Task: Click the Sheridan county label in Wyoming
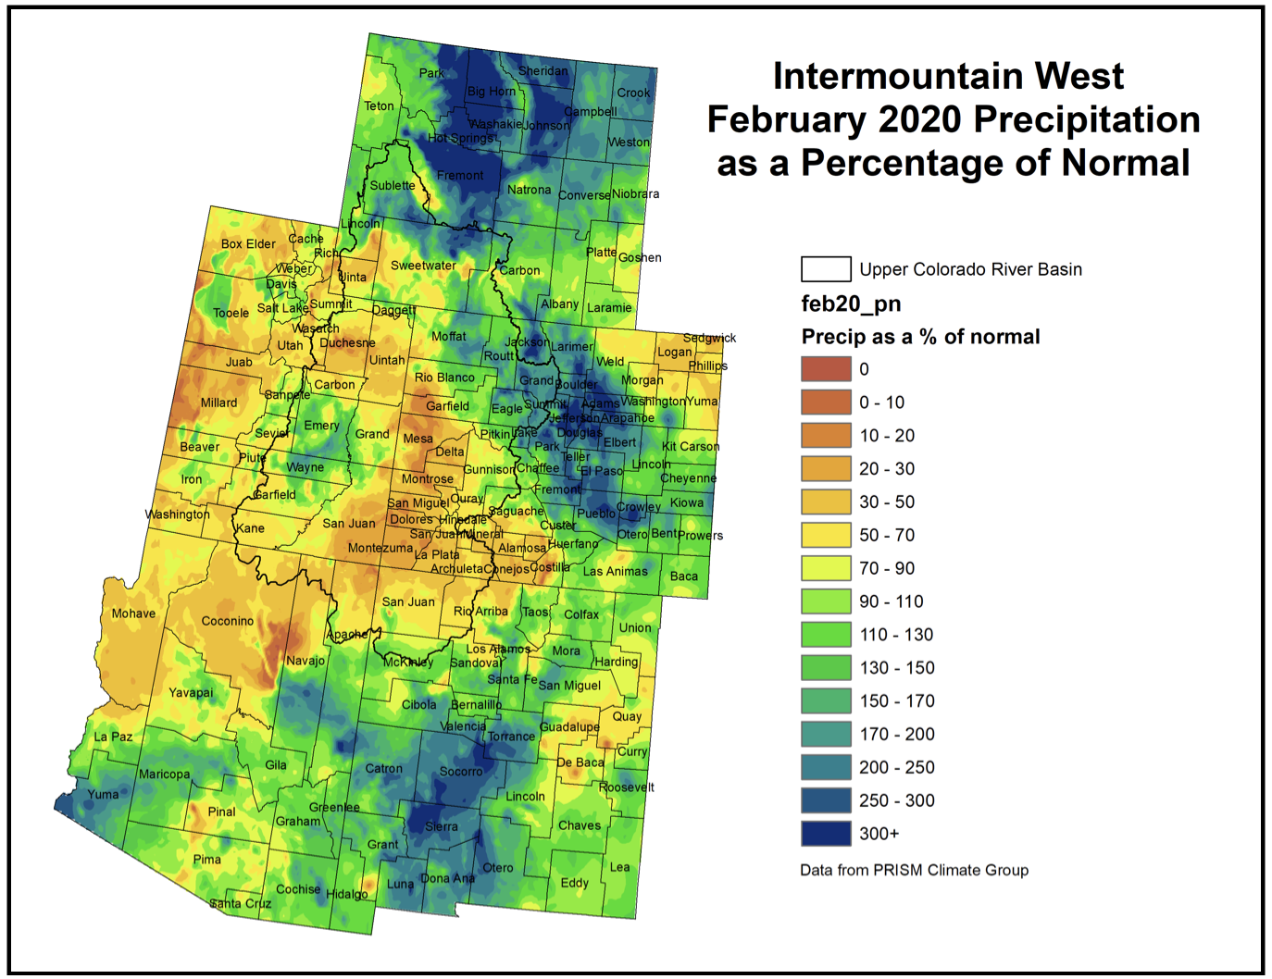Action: point(542,71)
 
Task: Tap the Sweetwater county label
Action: point(423,266)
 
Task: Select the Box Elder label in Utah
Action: point(248,244)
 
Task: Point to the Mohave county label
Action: point(133,613)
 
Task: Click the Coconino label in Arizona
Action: point(227,621)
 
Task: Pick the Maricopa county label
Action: point(164,775)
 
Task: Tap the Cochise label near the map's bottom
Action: point(297,889)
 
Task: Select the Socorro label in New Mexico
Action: point(460,772)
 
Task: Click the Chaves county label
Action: point(579,825)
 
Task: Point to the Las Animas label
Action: point(615,572)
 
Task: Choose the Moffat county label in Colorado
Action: point(449,337)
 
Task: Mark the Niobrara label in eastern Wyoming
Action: point(635,194)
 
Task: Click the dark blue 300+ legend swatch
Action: point(825,834)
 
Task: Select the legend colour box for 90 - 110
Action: point(825,601)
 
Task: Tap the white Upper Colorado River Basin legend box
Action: point(825,269)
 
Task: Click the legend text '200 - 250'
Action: point(896,767)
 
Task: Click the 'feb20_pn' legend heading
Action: point(851,304)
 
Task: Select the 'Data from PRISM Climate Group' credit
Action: point(914,870)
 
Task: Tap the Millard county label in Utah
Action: point(218,403)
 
